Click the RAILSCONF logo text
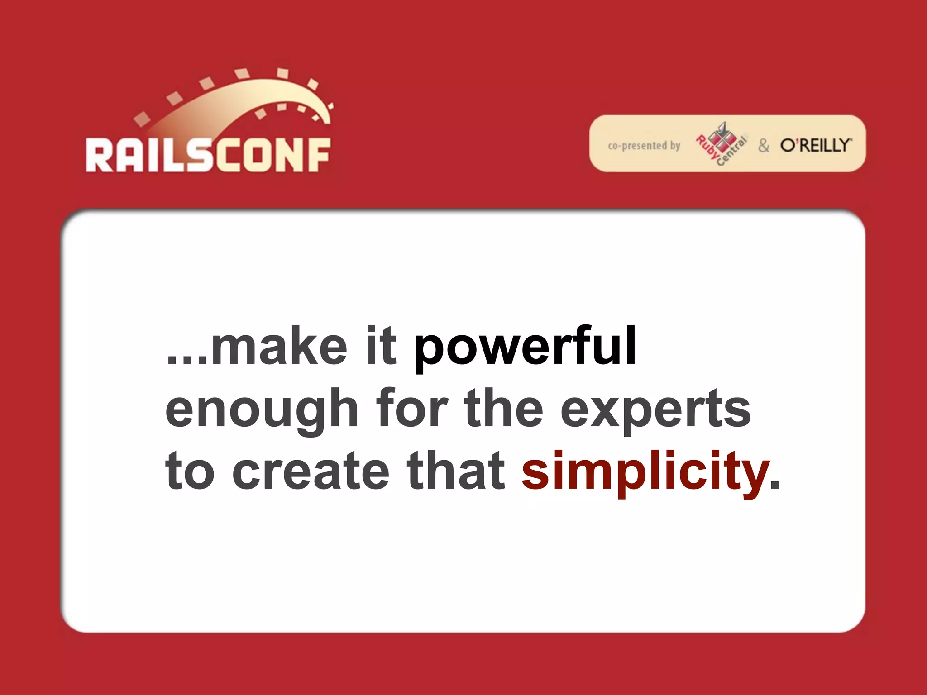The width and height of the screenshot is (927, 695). pyautogui.click(x=208, y=155)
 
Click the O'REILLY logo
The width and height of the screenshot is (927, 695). pyautogui.click(x=815, y=145)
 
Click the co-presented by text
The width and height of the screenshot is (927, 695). pyautogui.click(x=644, y=146)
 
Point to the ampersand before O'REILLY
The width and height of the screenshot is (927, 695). pyautogui.click(x=764, y=146)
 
